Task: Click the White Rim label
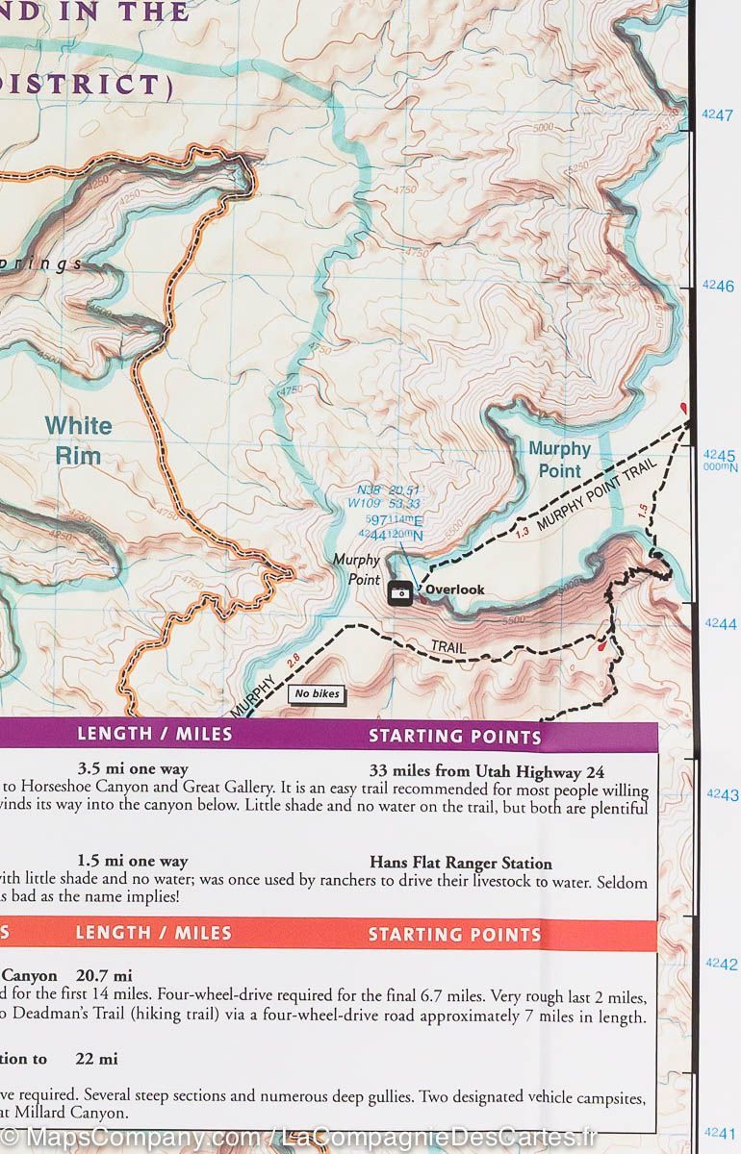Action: [x=78, y=440]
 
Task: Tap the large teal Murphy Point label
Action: [x=559, y=460]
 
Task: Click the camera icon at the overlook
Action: [x=400, y=594]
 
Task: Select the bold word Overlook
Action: [x=455, y=590]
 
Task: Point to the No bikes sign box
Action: [x=317, y=693]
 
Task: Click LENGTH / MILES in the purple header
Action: [x=154, y=735]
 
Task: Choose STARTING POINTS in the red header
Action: [x=455, y=934]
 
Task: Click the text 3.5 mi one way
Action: [x=133, y=769]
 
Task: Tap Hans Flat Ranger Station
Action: [x=461, y=864]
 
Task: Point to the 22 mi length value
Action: [x=96, y=1059]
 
